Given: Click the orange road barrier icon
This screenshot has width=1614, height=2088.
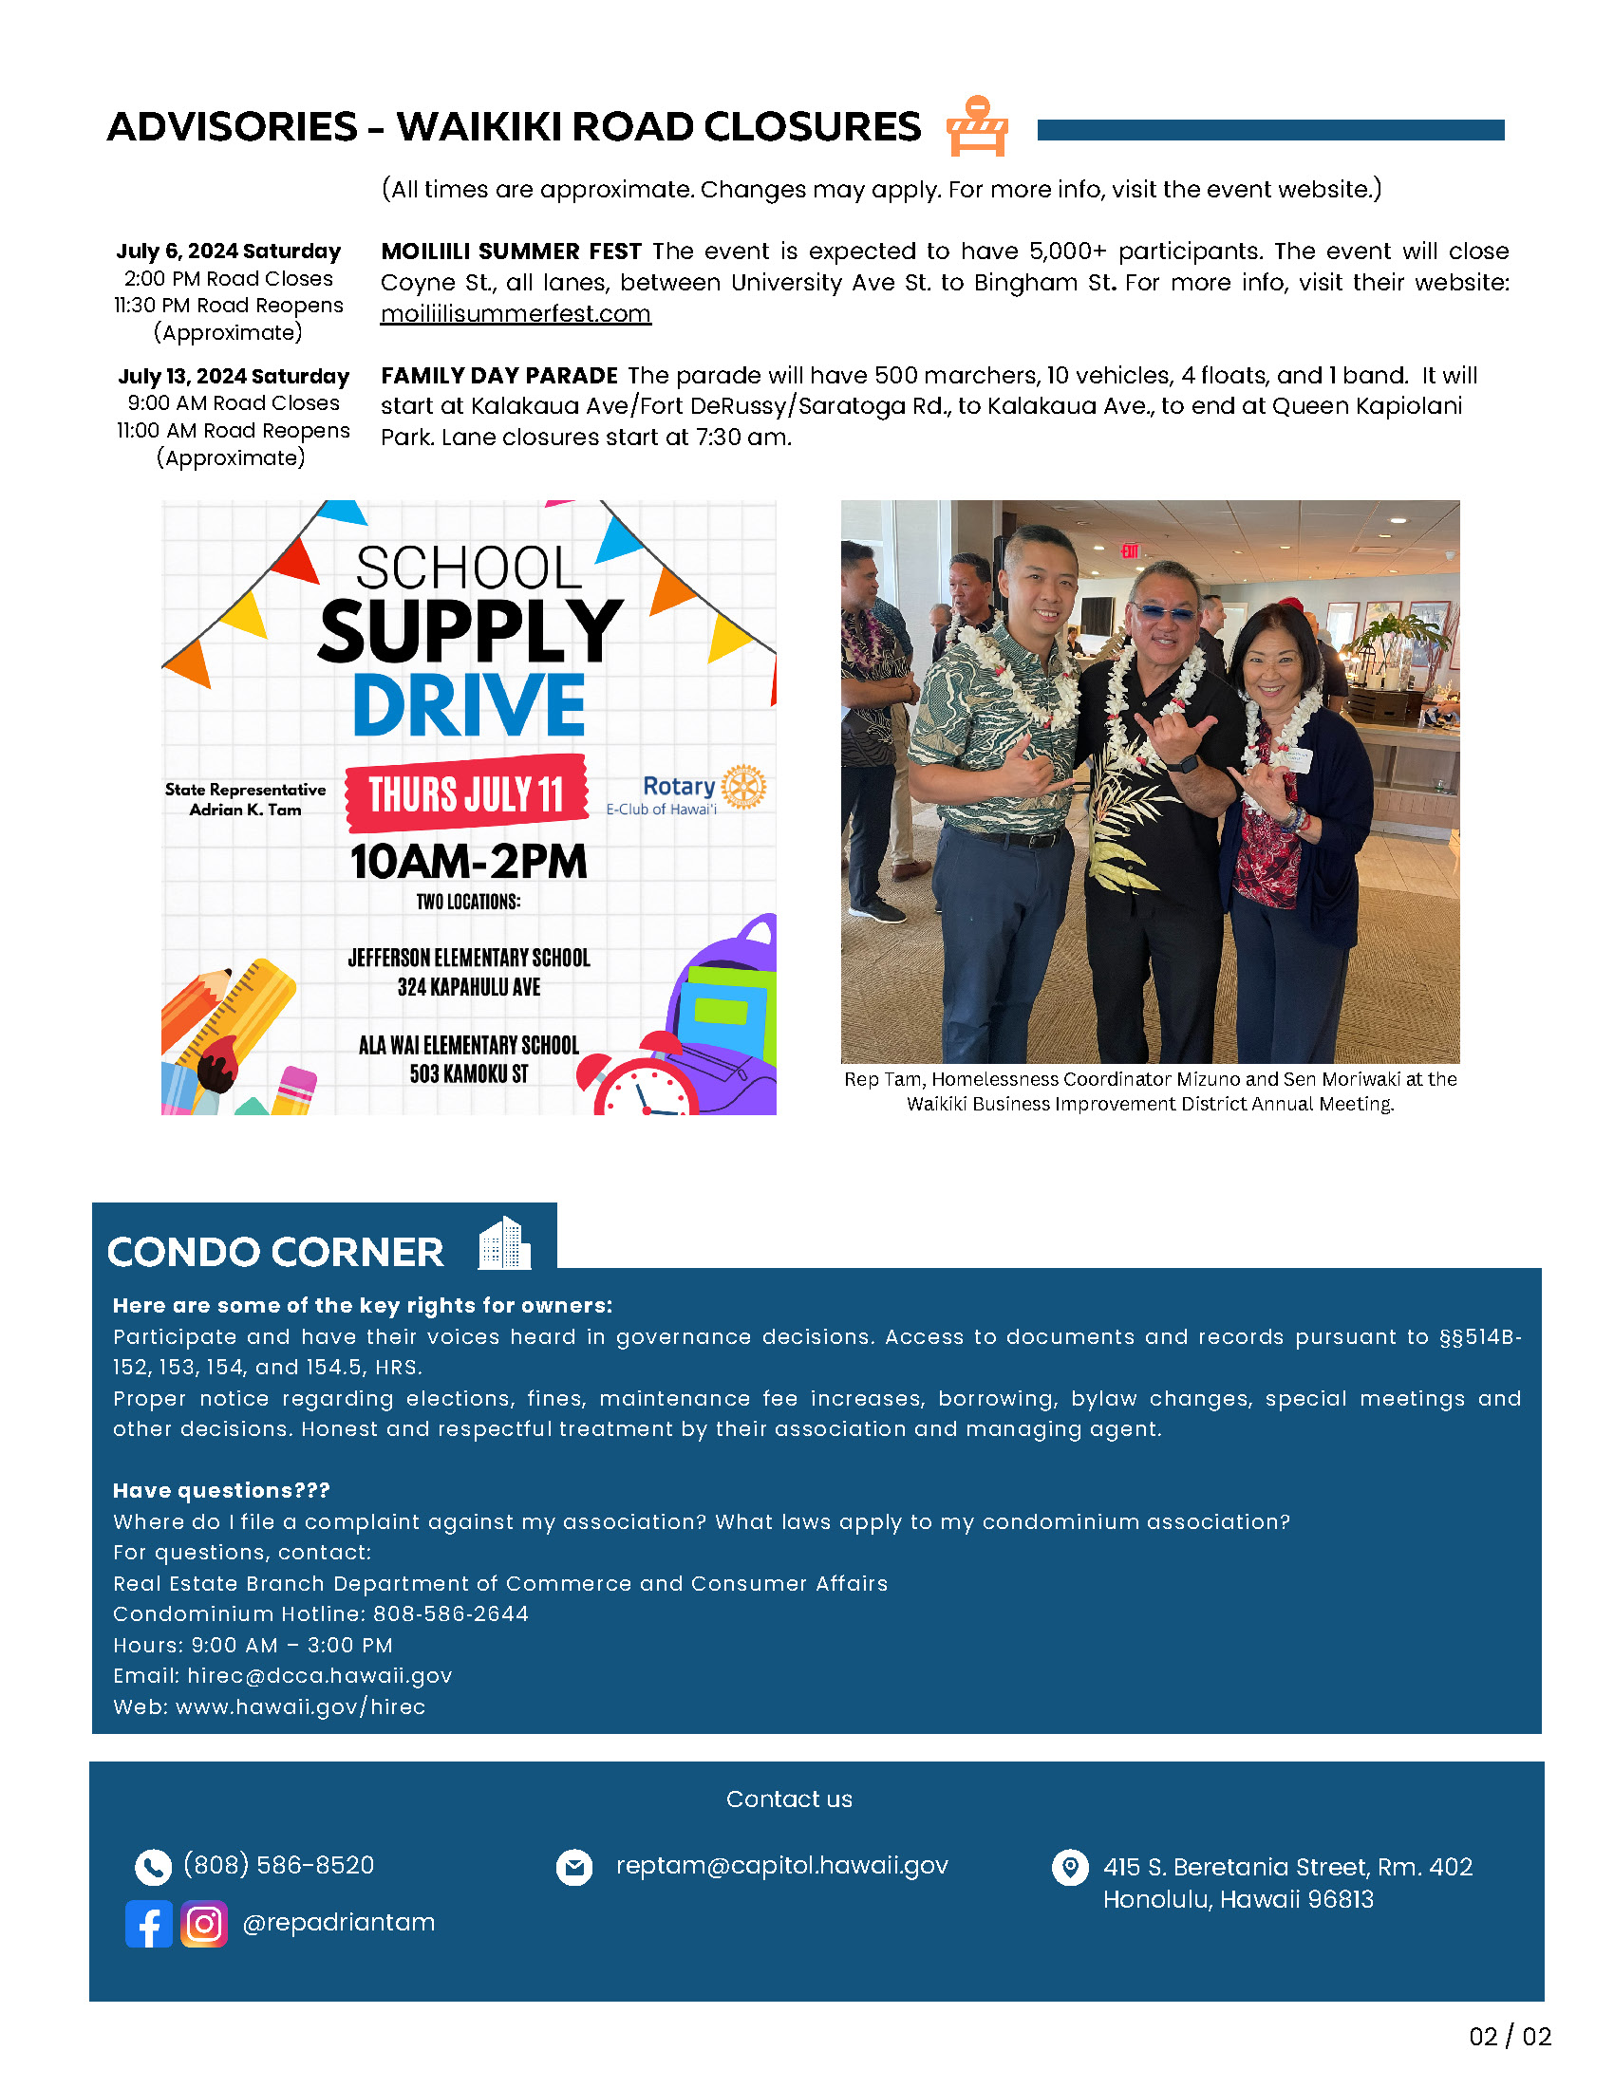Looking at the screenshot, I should point(976,126).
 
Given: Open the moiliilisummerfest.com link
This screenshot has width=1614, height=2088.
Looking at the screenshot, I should point(516,313).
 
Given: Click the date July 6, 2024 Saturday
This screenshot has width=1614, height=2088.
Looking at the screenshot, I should point(229,251).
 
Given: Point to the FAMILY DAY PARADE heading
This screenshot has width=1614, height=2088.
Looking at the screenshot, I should point(499,375).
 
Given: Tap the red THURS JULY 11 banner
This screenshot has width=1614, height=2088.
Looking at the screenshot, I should point(466,793).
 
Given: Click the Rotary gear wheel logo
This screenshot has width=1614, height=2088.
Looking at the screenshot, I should point(743,787).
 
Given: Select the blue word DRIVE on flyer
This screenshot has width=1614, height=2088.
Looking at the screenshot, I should point(468,705).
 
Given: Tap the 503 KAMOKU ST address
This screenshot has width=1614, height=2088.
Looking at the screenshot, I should point(468,1073).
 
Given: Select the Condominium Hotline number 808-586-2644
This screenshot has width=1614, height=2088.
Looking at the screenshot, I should point(450,1613).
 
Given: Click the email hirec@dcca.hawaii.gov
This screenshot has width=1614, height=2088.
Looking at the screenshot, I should point(319,1675).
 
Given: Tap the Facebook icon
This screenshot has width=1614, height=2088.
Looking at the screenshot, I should point(148,1923).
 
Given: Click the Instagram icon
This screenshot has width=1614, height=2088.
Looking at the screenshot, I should point(204,1923).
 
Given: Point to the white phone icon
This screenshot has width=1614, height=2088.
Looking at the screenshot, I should point(153,1866).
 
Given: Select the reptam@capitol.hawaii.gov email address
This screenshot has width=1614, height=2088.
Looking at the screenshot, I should point(781,1865).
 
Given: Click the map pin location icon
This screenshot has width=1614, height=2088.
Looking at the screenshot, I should point(1069,1866).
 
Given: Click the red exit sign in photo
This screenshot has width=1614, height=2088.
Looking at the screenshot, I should point(1129,550).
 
